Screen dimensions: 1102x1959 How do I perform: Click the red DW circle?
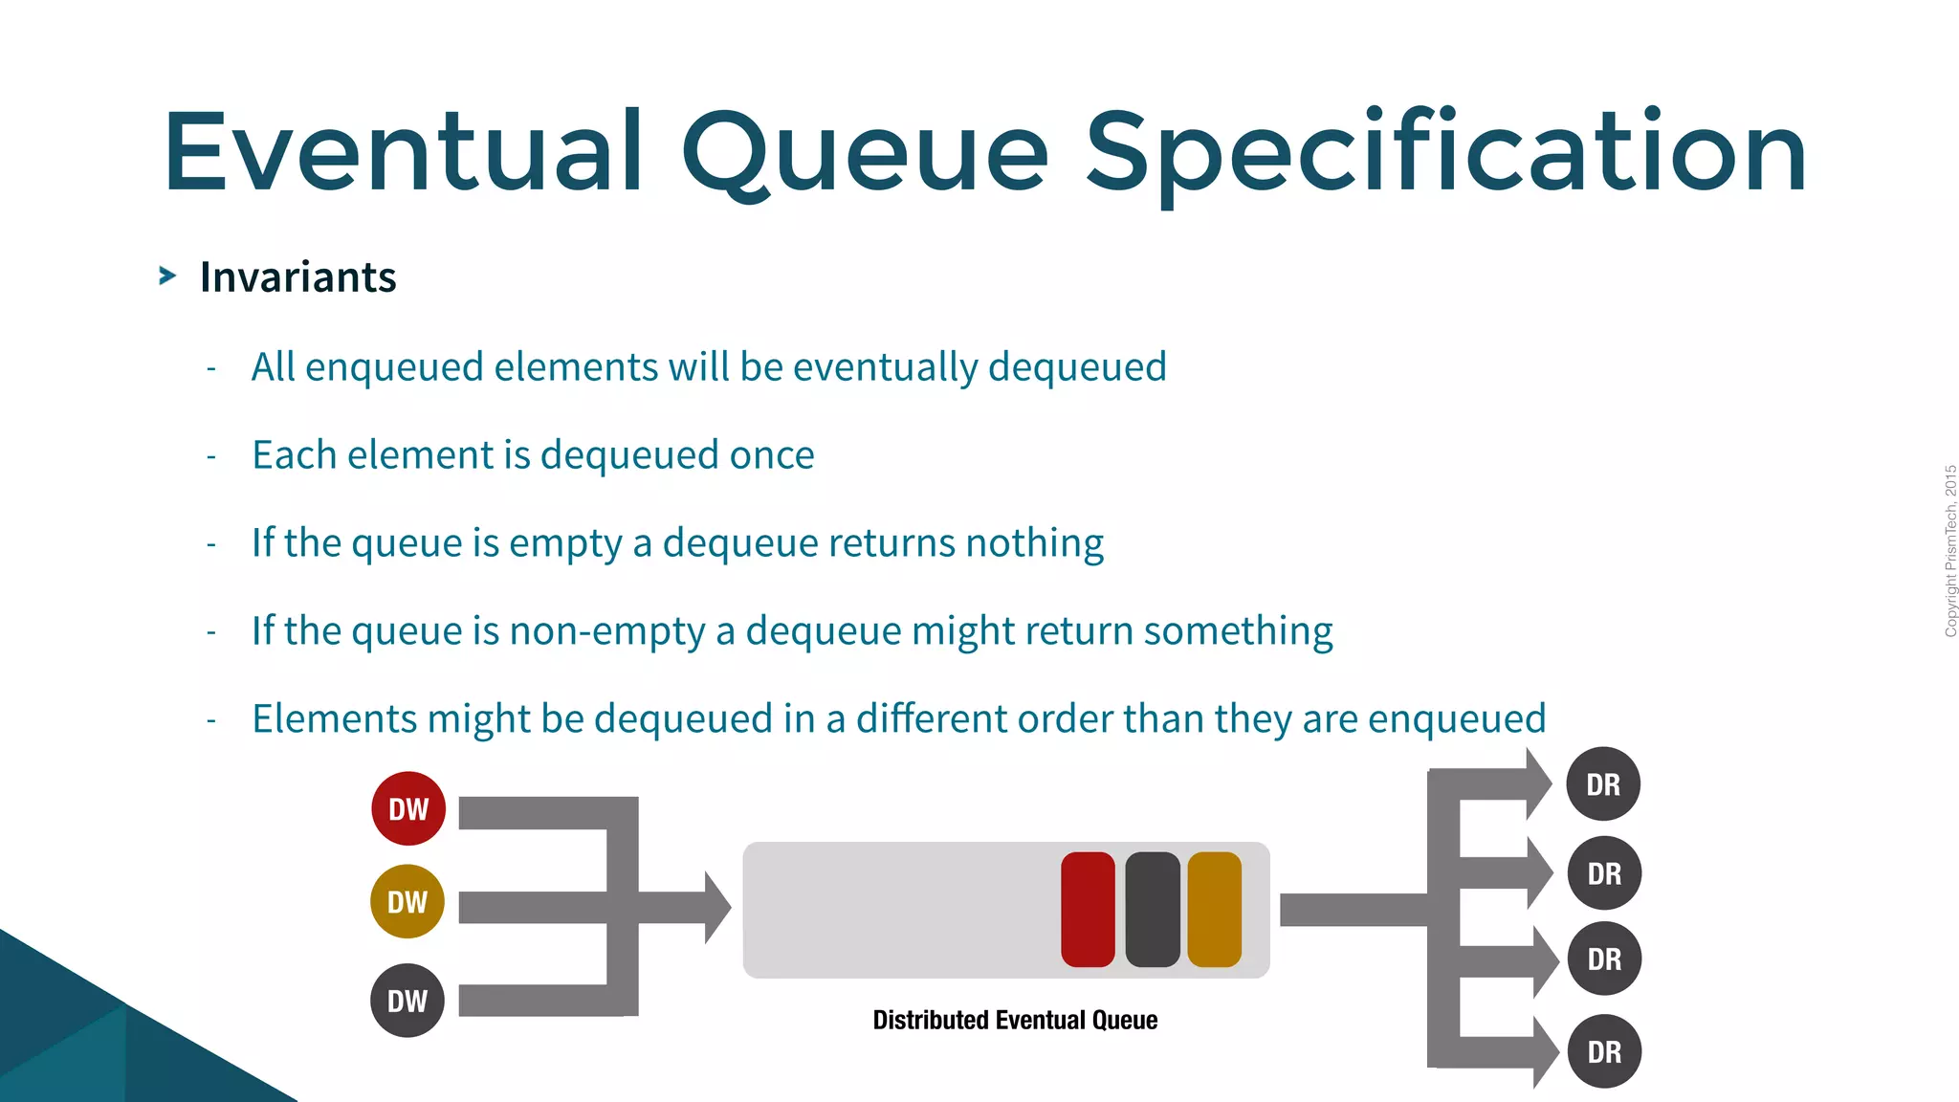tap(408, 808)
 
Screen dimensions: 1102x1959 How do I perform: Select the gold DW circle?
tap(407, 901)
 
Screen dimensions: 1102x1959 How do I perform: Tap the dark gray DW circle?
tap(407, 1001)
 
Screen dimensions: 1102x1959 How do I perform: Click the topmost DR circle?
tap(1603, 784)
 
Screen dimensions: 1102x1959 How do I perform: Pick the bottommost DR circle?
tap(1604, 1051)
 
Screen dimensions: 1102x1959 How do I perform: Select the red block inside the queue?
tap(1088, 910)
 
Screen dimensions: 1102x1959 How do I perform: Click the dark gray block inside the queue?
tap(1153, 910)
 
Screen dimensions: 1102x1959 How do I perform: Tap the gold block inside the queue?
tap(1214, 910)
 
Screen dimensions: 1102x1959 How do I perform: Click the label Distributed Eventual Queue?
tap(1015, 1020)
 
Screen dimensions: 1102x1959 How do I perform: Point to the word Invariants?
tap(297, 277)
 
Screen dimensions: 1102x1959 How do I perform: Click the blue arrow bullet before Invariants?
tap(167, 276)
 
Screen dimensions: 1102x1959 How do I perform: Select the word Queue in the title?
tap(865, 153)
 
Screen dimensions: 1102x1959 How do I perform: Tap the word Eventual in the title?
tap(403, 153)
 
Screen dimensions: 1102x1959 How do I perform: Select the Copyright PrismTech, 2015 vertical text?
tap(1950, 551)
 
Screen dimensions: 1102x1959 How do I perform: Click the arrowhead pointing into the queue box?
tap(717, 907)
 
